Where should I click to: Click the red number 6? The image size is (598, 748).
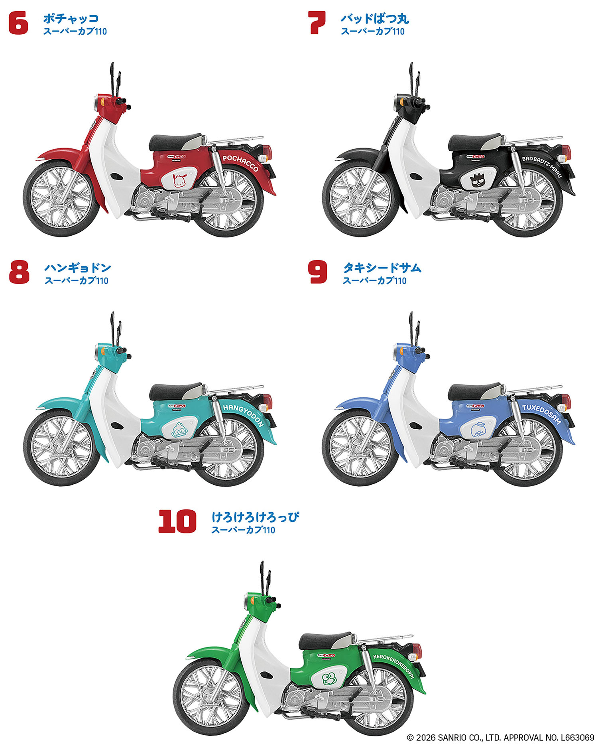point(18,24)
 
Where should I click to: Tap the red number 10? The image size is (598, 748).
point(177,521)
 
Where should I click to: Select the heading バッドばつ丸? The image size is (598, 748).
point(375,18)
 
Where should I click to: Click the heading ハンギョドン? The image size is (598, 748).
point(78,268)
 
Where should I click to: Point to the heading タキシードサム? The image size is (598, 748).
point(382,268)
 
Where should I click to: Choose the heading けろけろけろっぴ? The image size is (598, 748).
point(255,517)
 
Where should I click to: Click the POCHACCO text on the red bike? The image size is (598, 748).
point(241,162)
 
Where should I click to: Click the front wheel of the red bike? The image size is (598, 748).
point(62,198)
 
